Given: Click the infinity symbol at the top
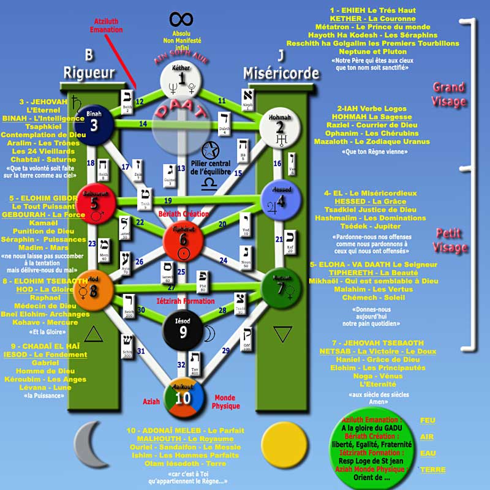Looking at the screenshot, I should pos(181,20).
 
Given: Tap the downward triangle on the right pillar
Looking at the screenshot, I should pos(282,334).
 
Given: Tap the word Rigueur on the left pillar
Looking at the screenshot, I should pos(89,73).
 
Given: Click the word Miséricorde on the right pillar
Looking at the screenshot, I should pos(281,73).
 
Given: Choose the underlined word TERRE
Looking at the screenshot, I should pos(432,470).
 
